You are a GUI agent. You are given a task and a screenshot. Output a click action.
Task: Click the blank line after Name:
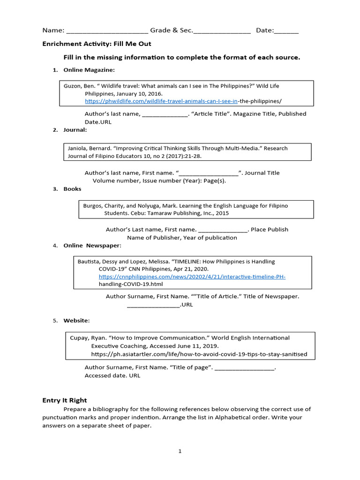pyautogui.click(x=107, y=31)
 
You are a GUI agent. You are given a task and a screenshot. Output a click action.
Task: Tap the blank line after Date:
pyautogui.click(x=286, y=31)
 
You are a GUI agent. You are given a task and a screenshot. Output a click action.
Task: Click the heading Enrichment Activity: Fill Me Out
pyautogui.click(x=97, y=44)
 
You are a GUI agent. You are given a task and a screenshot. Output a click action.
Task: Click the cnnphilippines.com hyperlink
pyautogui.click(x=192, y=277)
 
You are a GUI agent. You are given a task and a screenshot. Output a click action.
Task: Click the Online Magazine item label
pyautogui.click(x=89, y=70)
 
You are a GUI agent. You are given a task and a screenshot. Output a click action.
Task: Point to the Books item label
pyautogui.click(x=72, y=189)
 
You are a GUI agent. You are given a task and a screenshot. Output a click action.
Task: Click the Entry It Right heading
pyautogui.click(x=65, y=400)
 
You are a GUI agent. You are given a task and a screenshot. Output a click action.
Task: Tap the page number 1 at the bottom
pyautogui.click(x=180, y=451)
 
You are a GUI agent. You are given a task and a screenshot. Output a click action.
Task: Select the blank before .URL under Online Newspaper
pyautogui.click(x=153, y=305)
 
